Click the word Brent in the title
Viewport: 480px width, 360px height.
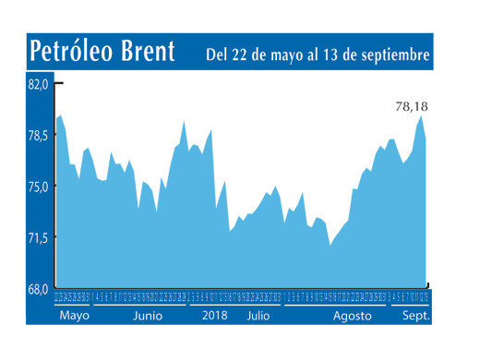(149, 53)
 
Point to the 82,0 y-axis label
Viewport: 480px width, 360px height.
(37, 85)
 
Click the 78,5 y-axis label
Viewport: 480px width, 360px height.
(37, 136)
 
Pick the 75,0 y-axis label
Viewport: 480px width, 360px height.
(37, 186)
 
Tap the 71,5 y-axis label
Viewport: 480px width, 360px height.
(37, 238)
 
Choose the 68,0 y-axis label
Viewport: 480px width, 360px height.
(37, 289)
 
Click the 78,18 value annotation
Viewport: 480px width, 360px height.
(412, 106)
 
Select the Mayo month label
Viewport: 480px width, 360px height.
(75, 315)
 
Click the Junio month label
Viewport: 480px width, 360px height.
(149, 315)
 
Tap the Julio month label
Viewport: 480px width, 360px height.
(259, 315)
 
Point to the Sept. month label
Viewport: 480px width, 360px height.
(417, 315)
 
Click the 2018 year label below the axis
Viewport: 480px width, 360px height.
(214, 315)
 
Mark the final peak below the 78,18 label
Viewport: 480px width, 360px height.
(422, 116)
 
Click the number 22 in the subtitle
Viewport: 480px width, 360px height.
(244, 55)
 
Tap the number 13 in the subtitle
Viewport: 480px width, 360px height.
(336, 55)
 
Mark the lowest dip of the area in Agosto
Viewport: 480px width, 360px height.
(330, 246)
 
